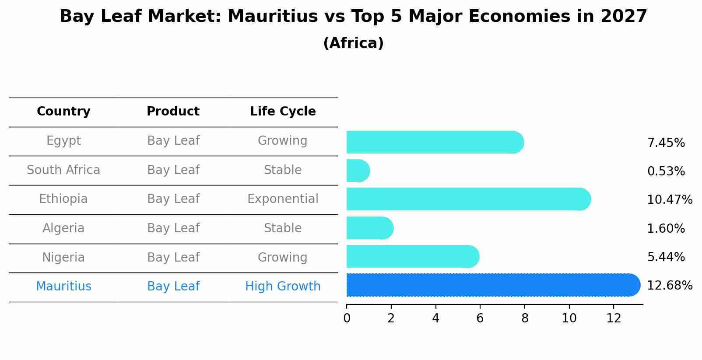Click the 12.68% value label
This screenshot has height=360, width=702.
(x=669, y=286)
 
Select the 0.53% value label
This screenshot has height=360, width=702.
(x=666, y=171)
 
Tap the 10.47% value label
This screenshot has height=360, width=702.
(x=669, y=200)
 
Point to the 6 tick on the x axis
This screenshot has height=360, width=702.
(x=480, y=318)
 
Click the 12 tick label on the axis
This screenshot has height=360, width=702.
(x=614, y=318)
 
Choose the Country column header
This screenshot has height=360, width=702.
(x=63, y=112)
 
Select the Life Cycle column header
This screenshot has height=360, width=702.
(x=283, y=112)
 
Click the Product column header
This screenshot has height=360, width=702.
(x=173, y=112)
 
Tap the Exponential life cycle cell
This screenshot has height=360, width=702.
(x=283, y=199)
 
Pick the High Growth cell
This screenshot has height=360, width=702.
(x=283, y=287)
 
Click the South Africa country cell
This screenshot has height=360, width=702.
(x=63, y=170)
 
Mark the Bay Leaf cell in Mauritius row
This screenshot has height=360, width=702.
(x=173, y=287)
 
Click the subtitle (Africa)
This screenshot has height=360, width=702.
(x=353, y=43)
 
